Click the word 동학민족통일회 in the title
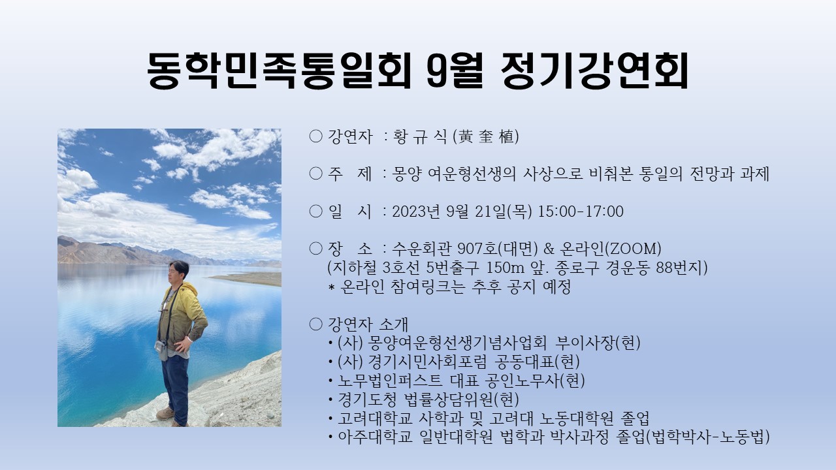point(279,70)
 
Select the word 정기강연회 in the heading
point(594,70)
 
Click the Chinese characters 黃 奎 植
point(486,137)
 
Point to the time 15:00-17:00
point(581,211)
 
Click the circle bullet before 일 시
point(315,211)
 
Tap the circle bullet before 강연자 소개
point(315,324)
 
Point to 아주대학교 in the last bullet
point(375,437)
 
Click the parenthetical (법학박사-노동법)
point(707,437)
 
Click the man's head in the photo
point(178,272)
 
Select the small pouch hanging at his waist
point(161,347)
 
